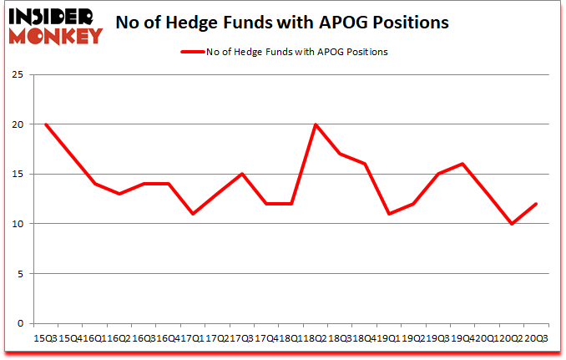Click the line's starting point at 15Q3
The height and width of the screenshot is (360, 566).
[x=45, y=124]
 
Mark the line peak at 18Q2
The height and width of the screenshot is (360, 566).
[x=316, y=124]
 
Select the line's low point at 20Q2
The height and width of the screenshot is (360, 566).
[x=511, y=224]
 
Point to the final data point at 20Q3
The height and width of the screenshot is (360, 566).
[x=536, y=204]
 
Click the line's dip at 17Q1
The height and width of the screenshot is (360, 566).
[x=193, y=214]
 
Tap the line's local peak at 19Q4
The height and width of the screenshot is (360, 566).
[x=462, y=164]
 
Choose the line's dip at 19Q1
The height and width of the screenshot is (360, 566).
[x=389, y=214]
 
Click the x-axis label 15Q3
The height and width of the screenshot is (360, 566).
[x=45, y=337]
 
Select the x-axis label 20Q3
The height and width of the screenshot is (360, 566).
[x=536, y=337]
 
